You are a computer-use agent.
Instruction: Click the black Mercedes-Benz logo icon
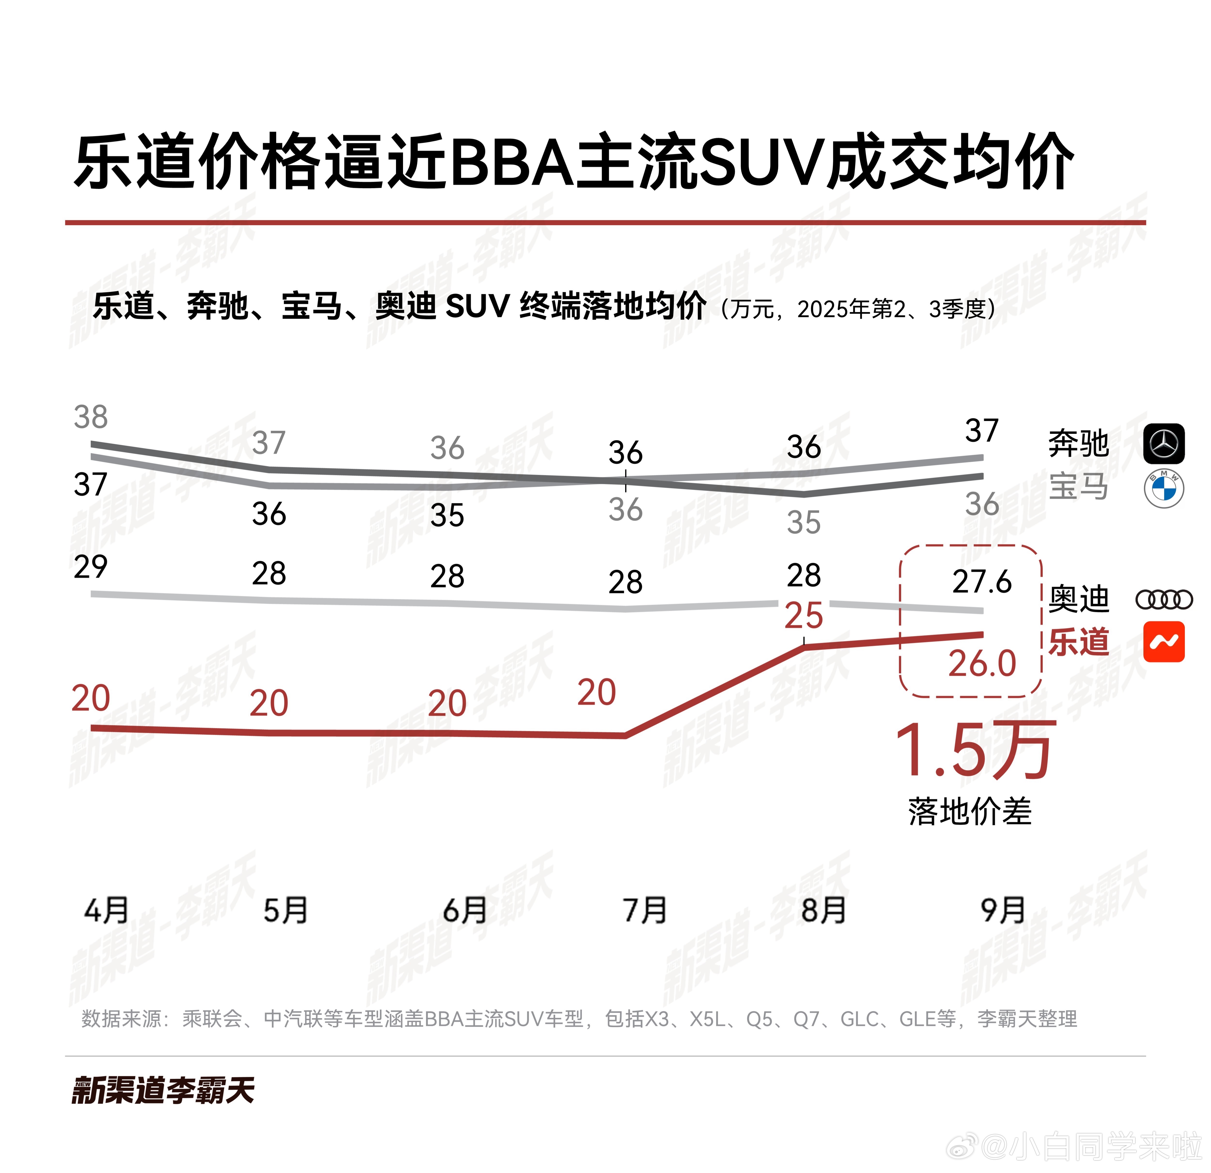click(x=1164, y=444)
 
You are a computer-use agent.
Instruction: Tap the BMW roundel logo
click(x=1164, y=489)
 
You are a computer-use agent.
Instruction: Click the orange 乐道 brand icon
click(x=1164, y=642)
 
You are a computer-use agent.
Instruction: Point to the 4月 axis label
click(x=106, y=910)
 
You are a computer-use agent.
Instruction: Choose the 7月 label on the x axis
click(x=644, y=910)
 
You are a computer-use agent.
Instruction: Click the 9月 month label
click(x=1003, y=910)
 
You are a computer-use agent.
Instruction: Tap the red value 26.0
click(x=982, y=663)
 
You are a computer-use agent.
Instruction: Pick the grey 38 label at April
click(x=91, y=417)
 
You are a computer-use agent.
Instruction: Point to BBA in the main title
click(x=513, y=162)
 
